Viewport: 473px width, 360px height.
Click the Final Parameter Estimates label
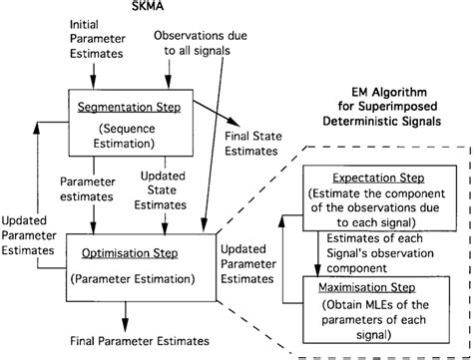[x=134, y=340]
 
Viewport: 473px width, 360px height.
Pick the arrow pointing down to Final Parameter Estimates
[x=126, y=314]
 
